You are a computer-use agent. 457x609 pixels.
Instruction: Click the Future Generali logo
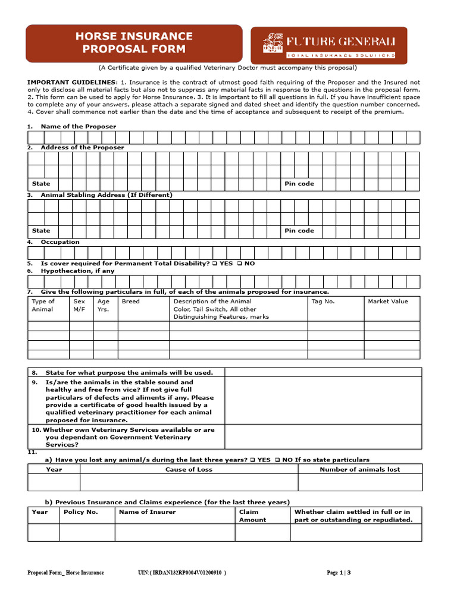click(329, 45)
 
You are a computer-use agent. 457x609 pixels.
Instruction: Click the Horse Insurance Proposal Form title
click(134, 43)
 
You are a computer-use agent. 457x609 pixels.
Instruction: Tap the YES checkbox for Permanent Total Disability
click(215, 263)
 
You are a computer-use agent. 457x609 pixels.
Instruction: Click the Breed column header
click(131, 302)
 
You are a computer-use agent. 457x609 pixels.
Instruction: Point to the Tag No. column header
click(323, 302)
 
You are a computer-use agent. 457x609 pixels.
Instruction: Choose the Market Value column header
click(388, 302)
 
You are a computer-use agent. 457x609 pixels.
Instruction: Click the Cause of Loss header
click(189, 469)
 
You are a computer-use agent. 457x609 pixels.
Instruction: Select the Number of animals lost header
click(359, 469)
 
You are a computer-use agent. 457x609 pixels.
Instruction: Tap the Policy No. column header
click(81, 512)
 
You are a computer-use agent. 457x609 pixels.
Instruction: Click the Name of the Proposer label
click(78, 127)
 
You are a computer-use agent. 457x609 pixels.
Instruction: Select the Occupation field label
click(60, 242)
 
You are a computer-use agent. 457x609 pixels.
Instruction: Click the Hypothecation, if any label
click(77, 271)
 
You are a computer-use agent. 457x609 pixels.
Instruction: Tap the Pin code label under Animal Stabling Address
click(299, 231)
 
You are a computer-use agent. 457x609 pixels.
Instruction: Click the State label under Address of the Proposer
click(41, 184)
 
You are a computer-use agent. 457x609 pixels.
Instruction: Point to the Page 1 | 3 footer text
click(339, 573)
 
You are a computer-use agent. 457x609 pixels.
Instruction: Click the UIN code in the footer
click(181, 573)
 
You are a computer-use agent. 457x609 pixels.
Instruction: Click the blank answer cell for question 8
click(323, 372)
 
